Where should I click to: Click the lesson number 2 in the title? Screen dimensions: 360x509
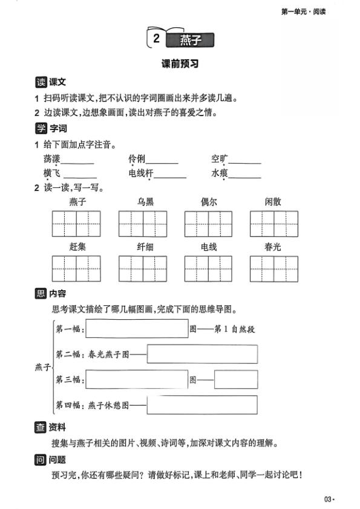pyautogui.click(x=156, y=40)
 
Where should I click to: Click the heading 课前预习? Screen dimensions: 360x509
pyautogui.click(x=180, y=64)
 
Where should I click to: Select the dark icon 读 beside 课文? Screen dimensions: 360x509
pyautogui.click(x=41, y=82)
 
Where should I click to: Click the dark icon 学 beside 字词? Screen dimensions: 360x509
pyautogui.click(x=41, y=129)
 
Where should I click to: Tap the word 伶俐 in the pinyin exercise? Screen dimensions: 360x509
pyautogui.click(x=136, y=160)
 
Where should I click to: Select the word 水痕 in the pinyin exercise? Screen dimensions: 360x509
pyautogui.click(x=219, y=174)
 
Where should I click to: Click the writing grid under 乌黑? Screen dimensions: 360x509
pyautogui.click(x=142, y=224)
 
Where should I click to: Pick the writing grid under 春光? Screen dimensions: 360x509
pyautogui.click(x=273, y=269)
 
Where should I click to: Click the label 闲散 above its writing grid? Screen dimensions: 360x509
pyautogui.click(x=273, y=202)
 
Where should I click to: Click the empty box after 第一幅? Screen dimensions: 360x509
pyautogui.click(x=137, y=329)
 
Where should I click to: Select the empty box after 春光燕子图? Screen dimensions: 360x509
pyautogui.click(x=202, y=354)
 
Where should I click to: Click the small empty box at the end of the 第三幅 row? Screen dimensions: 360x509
pyautogui.click(x=236, y=380)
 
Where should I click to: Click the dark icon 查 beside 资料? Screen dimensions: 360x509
pyautogui.click(x=41, y=428)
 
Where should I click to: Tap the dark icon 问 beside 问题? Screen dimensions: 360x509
pyautogui.click(x=41, y=460)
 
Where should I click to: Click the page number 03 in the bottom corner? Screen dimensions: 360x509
pyautogui.click(x=328, y=499)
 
